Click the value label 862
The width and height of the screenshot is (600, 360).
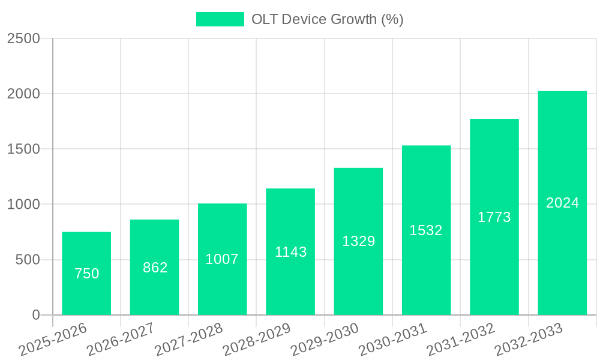[x=155, y=268]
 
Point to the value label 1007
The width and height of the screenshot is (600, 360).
[x=222, y=259]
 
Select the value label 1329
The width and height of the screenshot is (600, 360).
[x=358, y=241]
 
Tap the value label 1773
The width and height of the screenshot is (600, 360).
[x=494, y=217]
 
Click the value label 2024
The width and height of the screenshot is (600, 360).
[x=562, y=203]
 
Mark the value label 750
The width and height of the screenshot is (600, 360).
[x=86, y=274]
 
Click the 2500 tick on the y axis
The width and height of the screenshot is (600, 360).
[x=23, y=39]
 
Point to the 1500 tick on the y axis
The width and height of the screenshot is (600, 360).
[x=23, y=149]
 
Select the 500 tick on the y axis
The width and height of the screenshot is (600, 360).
[x=28, y=260]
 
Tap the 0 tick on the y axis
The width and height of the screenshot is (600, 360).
[x=35, y=315]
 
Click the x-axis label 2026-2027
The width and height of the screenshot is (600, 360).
[x=121, y=340]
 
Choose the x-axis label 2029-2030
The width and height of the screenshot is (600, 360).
[x=325, y=340]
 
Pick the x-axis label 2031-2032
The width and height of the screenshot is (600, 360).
[x=460, y=340]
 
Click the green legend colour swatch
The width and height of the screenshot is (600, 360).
[x=220, y=19]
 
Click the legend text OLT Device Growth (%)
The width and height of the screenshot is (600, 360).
[x=327, y=19]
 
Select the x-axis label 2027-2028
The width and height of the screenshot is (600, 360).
[x=188, y=340]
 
